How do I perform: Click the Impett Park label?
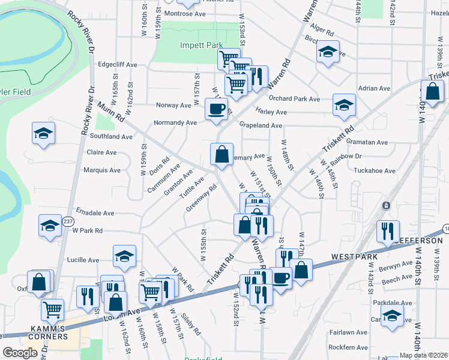pyautogui.click(x=201, y=45)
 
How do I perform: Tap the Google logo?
pyautogui.click(x=20, y=353)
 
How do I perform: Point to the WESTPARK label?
pyautogui.click(x=355, y=257)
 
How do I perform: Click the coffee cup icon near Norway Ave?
pyautogui.click(x=216, y=109)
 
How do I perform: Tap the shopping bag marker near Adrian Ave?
pyautogui.click(x=432, y=92)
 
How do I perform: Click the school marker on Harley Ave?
pyautogui.click(x=344, y=104)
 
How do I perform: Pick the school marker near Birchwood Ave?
pyautogui.click(x=328, y=52)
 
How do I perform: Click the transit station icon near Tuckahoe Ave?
pyautogui.click(x=385, y=205)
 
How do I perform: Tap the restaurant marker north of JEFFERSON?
pyautogui.click(x=388, y=231)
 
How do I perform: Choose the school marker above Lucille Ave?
pyautogui.click(x=124, y=256)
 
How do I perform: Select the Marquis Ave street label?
pyautogui.click(x=102, y=170)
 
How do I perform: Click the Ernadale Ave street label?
pyautogui.click(x=95, y=212)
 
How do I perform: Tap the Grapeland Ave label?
pyautogui.click(x=261, y=125)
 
